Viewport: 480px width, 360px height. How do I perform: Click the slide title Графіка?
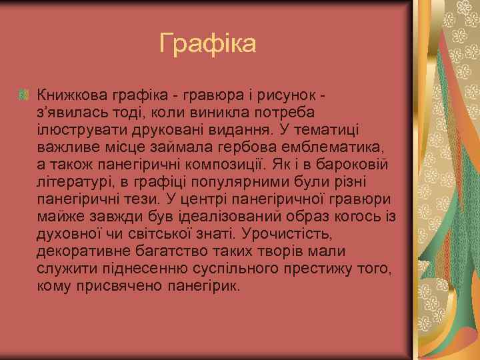coord(208,44)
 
